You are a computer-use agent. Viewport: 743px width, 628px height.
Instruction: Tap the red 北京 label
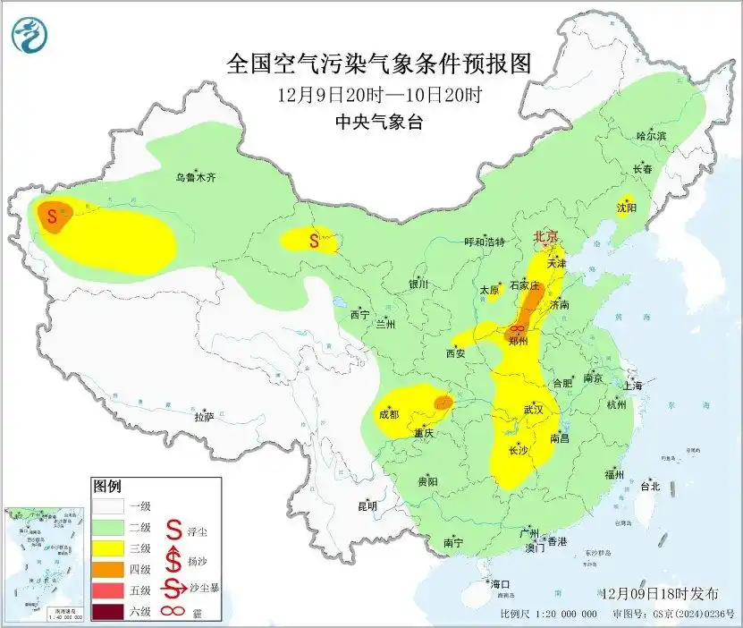click(545, 236)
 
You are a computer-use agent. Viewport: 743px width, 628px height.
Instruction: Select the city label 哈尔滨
click(651, 136)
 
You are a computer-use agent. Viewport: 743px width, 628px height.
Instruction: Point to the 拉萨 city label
click(204, 416)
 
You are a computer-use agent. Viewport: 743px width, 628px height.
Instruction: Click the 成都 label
click(388, 413)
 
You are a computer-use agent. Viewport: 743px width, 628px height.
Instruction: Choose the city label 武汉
click(535, 410)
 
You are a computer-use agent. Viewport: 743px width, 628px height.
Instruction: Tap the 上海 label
click(634, 385)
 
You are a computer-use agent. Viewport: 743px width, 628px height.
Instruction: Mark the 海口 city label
click(500, 584)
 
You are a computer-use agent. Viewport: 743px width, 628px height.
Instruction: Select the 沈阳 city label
click(626, 208)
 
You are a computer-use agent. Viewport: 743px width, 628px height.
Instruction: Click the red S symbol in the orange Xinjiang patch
click(52, 216)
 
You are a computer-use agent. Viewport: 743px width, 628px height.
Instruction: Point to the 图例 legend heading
click(106, 487)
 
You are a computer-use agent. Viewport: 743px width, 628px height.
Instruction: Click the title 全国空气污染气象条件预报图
click(379, 64)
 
